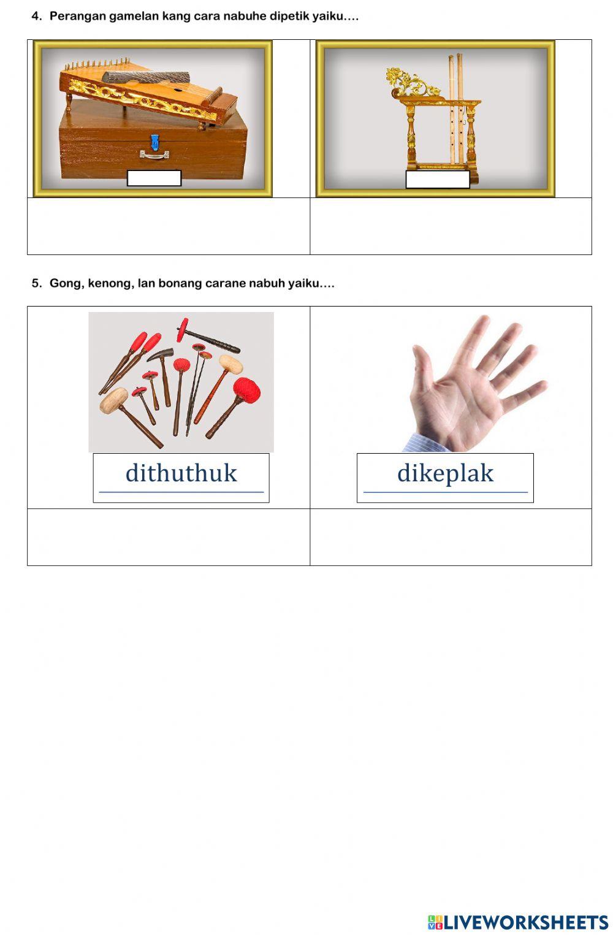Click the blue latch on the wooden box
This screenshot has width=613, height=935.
155,142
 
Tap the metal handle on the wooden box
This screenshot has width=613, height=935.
154,155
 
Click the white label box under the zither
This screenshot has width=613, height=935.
154,178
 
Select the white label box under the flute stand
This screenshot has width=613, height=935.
437,179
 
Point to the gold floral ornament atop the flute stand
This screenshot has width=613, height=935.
409,81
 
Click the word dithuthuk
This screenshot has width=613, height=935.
181,473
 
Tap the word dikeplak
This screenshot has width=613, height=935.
445,473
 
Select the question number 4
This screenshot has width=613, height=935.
36,17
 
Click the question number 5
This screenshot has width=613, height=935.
36,283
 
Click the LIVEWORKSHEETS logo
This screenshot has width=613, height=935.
518,922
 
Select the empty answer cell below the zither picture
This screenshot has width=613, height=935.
169,226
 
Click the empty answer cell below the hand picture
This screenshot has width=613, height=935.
451,537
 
